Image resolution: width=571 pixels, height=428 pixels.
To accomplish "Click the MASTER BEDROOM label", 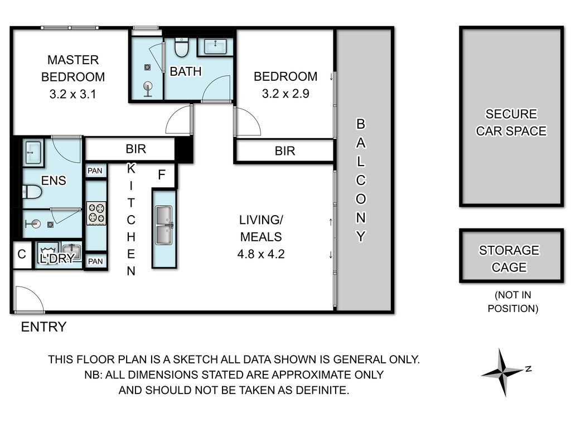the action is pos(73,69).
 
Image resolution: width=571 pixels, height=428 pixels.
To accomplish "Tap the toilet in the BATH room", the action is pos(181,48).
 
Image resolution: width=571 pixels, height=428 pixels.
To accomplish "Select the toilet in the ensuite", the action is pos(32,192).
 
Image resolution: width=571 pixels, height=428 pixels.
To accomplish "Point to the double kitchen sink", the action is pos(164,225).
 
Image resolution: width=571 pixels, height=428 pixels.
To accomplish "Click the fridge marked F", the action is pos(162,175).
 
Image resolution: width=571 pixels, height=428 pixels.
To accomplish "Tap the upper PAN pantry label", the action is pos(95,171).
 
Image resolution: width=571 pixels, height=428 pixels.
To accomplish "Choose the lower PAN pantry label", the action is pos(95,261).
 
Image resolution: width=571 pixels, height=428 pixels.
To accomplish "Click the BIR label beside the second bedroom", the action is pos(285,150).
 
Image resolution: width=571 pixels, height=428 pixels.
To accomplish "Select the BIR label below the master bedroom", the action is pos(136,149).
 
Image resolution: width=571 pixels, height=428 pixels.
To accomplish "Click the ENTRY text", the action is pos(43,327).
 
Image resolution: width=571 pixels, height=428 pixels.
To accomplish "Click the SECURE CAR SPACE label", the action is pos(511,122).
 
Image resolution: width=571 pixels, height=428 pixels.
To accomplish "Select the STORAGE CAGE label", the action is pos(509,259).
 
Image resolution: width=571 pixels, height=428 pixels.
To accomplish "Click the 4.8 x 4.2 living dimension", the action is pos(261,254).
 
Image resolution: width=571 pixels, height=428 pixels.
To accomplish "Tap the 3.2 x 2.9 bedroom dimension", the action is pos(285,94).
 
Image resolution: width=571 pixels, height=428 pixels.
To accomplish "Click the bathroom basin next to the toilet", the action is pos(216,46).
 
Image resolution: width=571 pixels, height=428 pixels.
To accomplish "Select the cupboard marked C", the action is pos(22,254).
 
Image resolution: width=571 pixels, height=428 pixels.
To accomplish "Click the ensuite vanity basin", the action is pos(33,153).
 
